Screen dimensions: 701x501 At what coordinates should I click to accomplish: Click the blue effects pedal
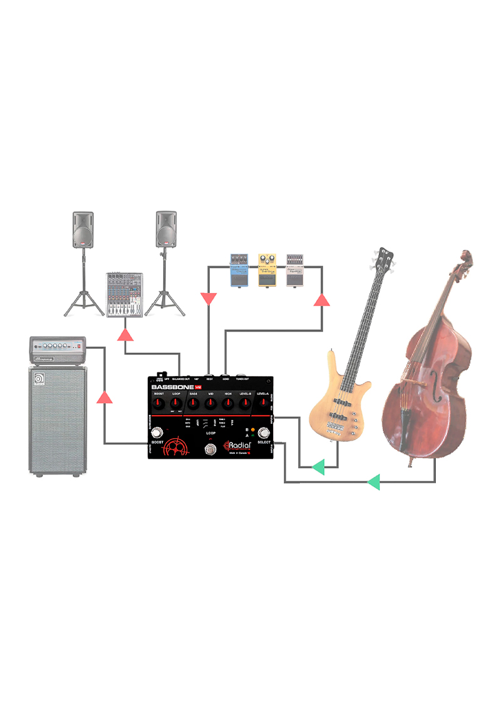point(239,270)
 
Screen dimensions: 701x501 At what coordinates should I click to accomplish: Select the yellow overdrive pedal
point(267,270)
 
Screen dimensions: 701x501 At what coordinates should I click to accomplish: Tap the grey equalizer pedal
point(295,270)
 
